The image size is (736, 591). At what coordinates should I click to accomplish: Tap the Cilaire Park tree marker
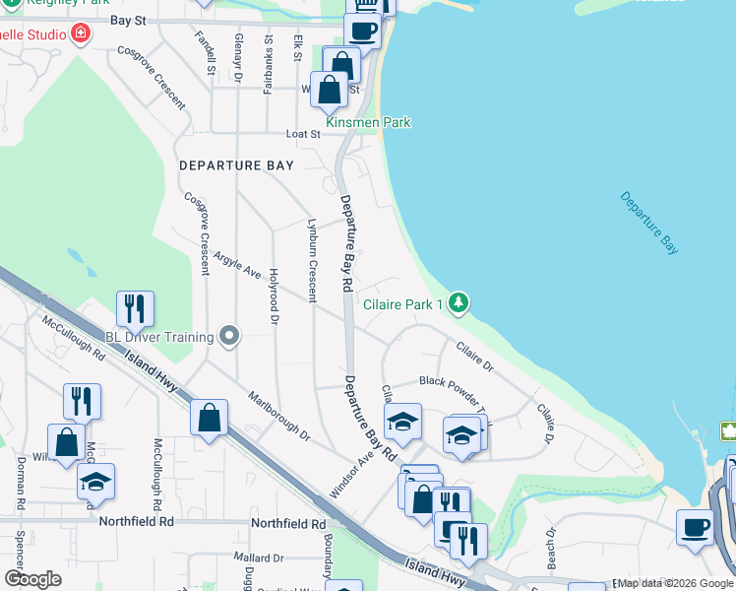[458, 303]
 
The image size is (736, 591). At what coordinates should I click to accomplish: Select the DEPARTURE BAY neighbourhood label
[236, 165]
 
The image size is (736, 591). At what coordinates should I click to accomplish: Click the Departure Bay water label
[649, 224]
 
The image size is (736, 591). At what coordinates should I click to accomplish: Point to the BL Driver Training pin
[229, 337]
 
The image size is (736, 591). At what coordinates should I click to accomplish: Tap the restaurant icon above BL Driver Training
[135, 308]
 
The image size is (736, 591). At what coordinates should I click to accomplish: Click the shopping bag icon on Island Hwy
[210, 418]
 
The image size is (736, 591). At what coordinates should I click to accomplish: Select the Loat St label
[303, 134]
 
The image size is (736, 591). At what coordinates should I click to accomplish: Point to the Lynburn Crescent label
[312, 260]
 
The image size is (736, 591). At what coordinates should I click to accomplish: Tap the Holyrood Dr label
[275, 298]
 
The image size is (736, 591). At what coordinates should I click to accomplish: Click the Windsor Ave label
[351, 473]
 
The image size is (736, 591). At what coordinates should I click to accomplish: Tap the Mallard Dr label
[253, 558]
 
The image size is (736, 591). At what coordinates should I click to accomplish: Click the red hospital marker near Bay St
[81, 34]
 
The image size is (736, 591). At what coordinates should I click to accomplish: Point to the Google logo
[32, 579]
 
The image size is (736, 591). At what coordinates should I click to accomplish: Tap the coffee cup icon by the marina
[695, 526]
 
